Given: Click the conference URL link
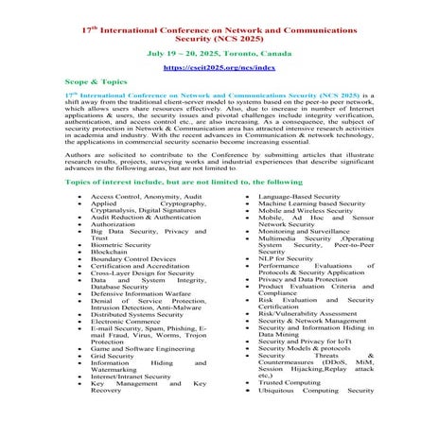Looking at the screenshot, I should tap(219, 68).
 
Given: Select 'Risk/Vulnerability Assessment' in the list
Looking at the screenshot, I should tap(307, 313).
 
